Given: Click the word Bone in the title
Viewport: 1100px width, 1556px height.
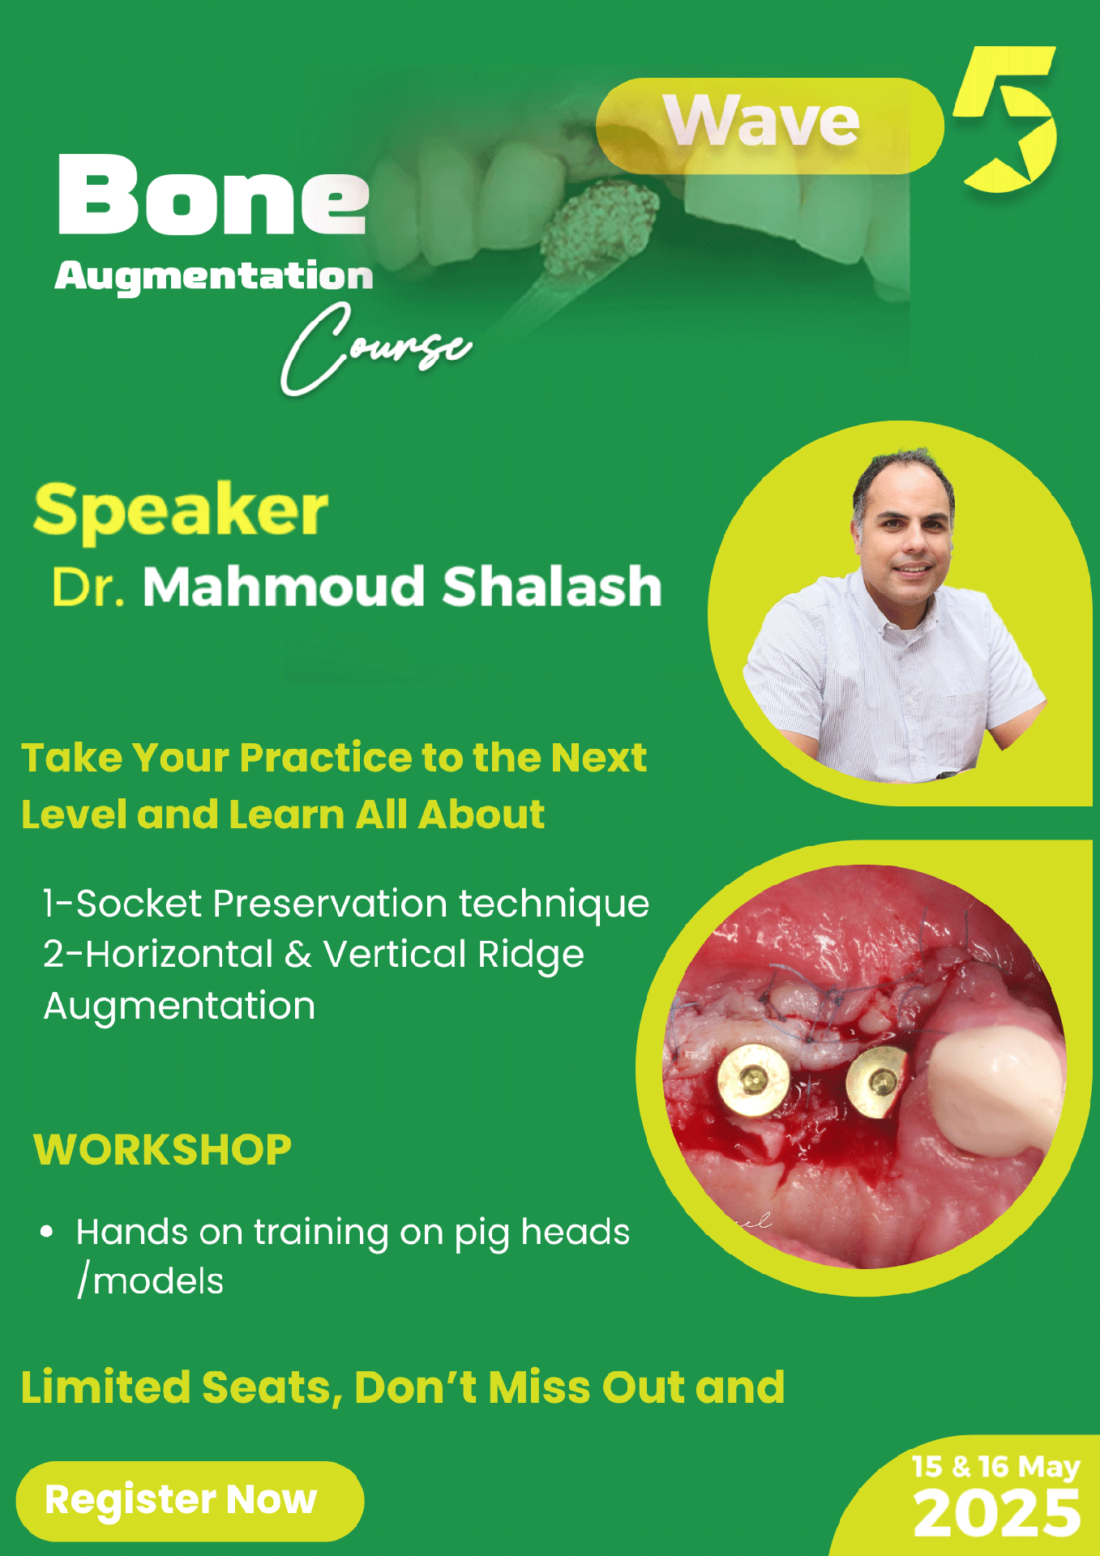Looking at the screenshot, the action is point(213,194).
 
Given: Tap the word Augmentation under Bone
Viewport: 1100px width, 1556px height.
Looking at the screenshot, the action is point(214,276).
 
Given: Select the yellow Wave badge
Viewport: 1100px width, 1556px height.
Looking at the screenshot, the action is point(769,126).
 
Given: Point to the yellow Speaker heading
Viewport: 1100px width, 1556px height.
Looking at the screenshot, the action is point(180,511).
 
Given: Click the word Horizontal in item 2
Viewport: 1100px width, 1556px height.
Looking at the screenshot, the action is point(179,955).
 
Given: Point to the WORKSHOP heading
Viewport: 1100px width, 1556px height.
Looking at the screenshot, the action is point(162,1150).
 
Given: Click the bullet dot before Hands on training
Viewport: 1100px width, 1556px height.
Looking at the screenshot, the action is point(47,1233).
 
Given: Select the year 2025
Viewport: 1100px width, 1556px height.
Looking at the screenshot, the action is point(997,1512).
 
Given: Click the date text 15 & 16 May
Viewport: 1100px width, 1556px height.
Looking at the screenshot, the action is point(995,1467).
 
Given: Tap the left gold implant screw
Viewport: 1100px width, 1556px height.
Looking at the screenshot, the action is point(754,1079).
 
